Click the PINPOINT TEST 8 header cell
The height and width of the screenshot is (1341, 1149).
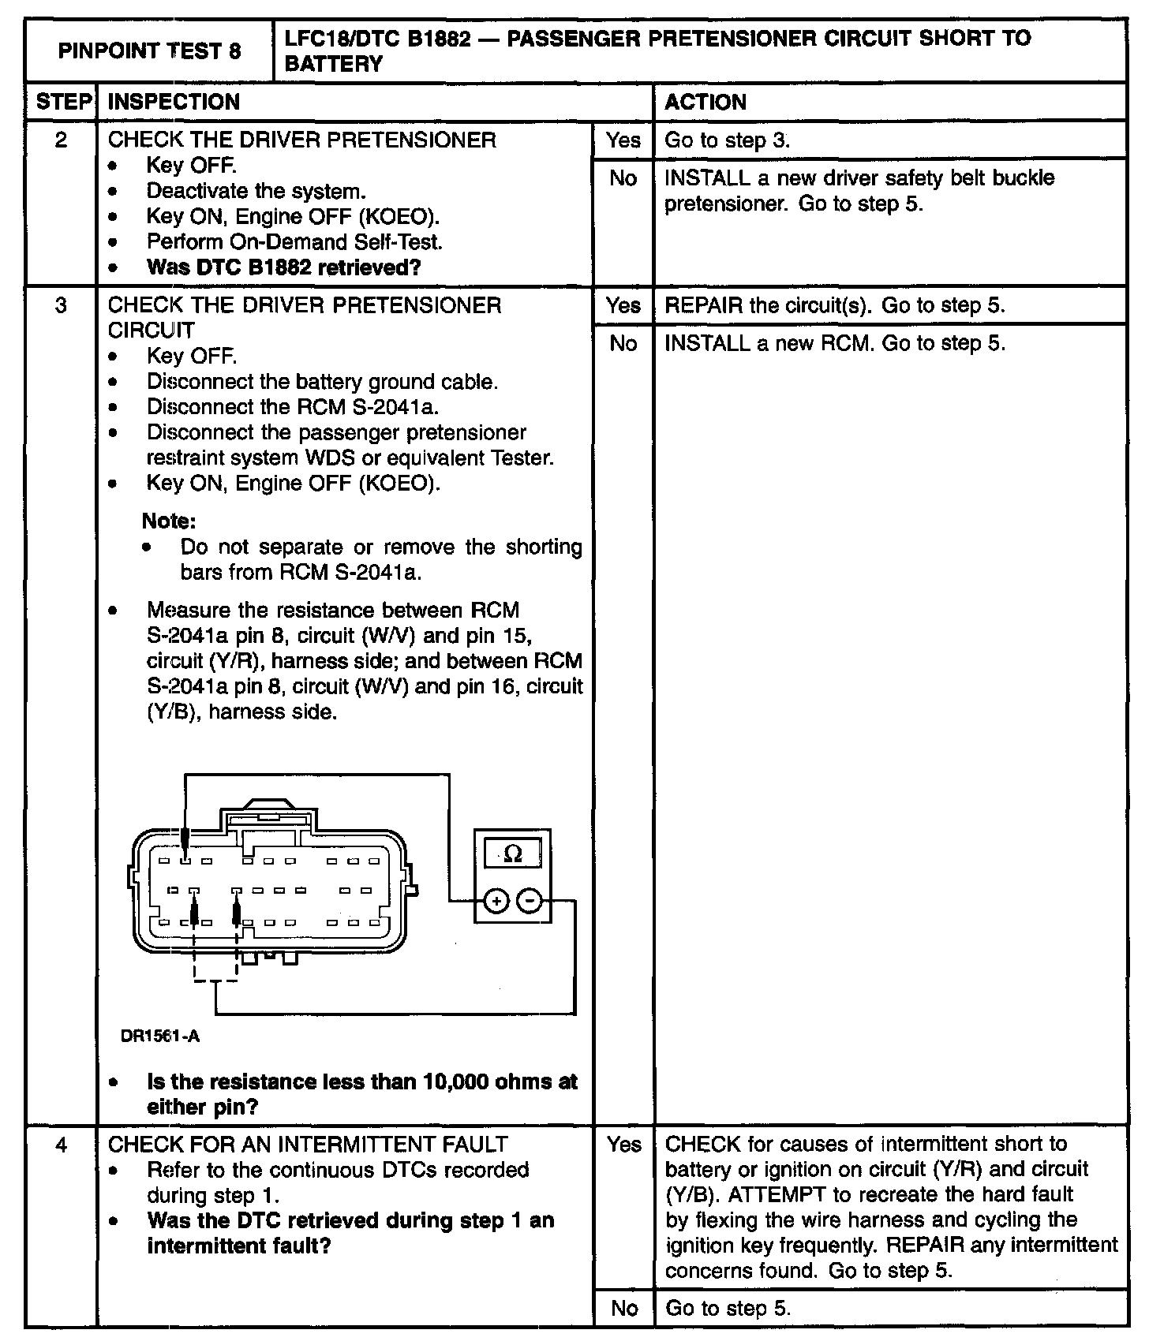[149, 51]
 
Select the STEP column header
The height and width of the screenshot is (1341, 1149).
[61, 102]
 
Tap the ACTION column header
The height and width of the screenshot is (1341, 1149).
[705, 102]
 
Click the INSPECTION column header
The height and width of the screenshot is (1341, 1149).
[174, 102]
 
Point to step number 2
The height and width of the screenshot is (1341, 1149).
[61, 140]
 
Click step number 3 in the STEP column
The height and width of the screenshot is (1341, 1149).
[61, 305]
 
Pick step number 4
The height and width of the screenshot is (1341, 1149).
[61, 1145]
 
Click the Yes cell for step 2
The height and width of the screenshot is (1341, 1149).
[623, 140]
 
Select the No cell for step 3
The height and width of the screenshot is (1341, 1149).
[623, 343]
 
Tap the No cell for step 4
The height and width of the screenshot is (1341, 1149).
[623, 1309]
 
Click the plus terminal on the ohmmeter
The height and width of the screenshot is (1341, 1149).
[496, 900]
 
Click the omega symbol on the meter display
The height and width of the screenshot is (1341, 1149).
[513, 854]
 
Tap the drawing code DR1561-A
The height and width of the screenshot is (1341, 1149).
[160, 1036]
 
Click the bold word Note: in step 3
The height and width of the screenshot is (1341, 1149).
[169, 521]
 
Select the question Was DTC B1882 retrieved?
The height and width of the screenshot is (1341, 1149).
[283, 267]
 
